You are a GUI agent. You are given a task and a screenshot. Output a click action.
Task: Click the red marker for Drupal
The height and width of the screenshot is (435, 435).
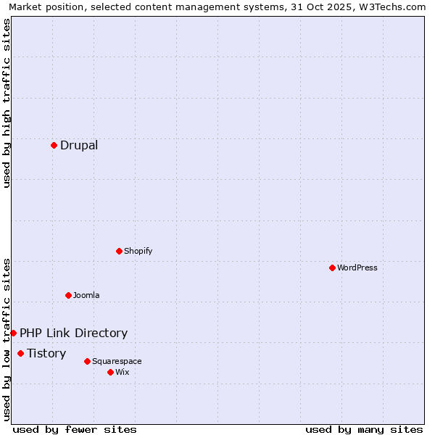point(54,145)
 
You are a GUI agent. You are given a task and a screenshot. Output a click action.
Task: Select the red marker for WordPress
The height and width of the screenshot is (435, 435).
point(332,268)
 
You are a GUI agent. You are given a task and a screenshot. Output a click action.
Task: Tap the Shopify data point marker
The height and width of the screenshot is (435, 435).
point(119,251)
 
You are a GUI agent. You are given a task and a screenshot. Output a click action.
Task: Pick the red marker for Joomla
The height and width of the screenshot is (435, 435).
point(68,295)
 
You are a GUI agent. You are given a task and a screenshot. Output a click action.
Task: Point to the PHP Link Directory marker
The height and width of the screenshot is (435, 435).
point(13,333)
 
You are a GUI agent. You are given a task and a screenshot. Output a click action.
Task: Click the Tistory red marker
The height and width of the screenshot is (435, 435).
point(20,353)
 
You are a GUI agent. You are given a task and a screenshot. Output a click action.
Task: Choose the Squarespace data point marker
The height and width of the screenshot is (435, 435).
point(87,361)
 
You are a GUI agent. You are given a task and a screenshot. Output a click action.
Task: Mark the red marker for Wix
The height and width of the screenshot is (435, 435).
point(110,372)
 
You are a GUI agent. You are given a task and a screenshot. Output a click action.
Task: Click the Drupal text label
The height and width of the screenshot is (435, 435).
point(79,145)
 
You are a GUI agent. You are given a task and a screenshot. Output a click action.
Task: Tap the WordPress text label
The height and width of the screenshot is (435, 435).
point(357,268)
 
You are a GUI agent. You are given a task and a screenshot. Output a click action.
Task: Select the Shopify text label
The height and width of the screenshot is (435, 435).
point(138,251)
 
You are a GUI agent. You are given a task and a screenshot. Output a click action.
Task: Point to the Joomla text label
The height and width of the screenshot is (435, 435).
point(86,295)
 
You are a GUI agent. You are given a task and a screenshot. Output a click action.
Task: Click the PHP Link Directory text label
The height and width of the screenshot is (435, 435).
point(73,333)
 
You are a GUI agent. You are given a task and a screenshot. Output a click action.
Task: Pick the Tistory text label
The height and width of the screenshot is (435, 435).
point(46,353)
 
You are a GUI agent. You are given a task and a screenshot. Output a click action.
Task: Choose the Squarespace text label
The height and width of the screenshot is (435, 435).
point(117,361)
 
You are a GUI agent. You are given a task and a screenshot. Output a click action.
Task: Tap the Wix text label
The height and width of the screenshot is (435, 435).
point(122,372)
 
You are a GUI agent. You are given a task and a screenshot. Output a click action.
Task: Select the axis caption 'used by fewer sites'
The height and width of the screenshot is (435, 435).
point(74,429)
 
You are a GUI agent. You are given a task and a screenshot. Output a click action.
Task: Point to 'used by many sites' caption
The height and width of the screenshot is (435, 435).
point(364,429)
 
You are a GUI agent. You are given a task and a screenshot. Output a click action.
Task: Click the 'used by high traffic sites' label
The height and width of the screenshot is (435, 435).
point(7,104)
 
